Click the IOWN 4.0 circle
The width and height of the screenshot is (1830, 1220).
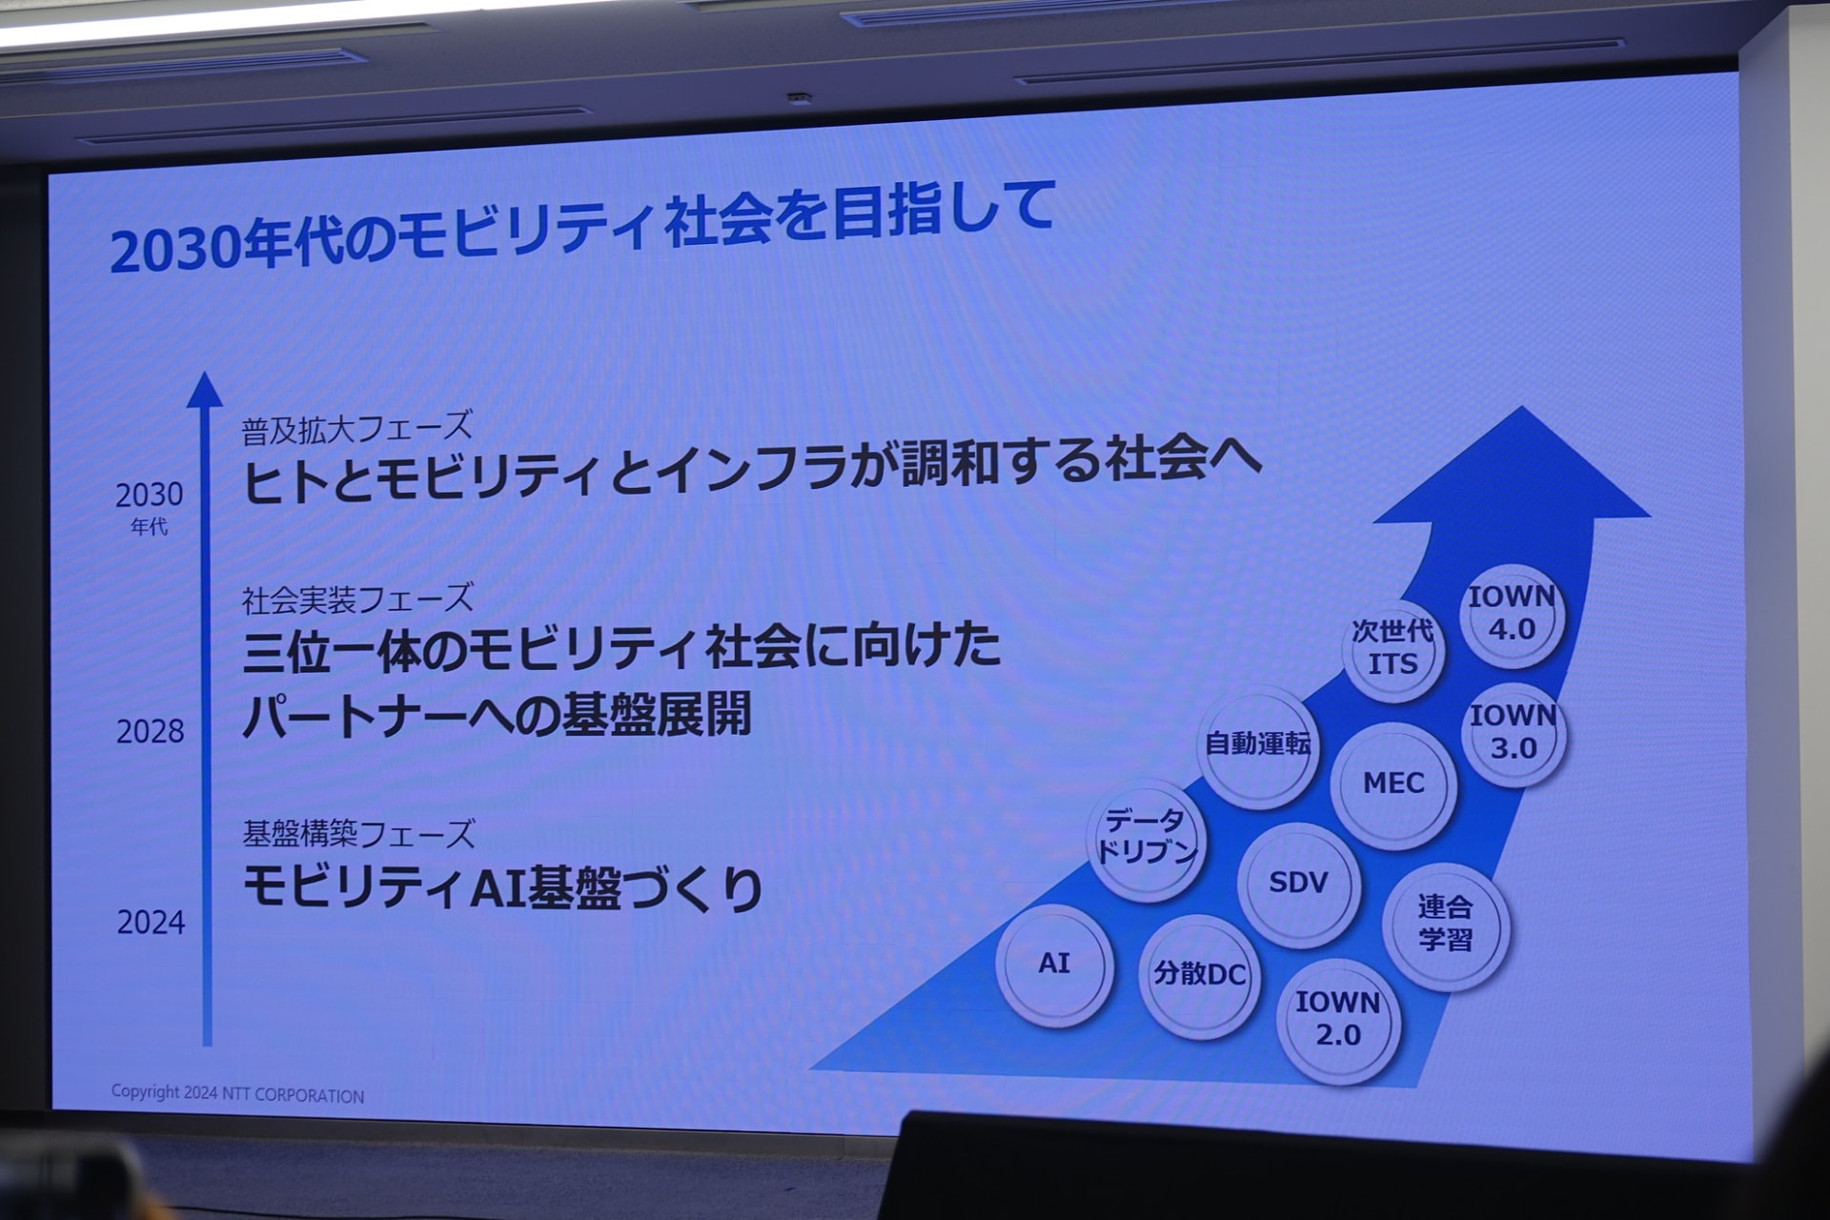point(1513,615)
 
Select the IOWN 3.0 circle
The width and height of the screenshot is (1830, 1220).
point(1514,733)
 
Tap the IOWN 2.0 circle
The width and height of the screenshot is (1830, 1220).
point(1338,1020)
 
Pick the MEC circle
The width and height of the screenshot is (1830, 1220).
point(1393,784)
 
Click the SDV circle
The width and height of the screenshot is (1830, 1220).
point(1298,884)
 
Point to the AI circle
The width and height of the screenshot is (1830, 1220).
point(1054,964)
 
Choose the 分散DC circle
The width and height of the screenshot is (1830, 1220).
point(1199,975)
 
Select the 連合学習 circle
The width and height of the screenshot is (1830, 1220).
point(1446,925)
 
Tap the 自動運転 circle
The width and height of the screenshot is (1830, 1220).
point(1258,745)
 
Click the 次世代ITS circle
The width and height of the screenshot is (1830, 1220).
point(1393,649)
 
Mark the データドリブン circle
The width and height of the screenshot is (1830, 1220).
point(1147,840)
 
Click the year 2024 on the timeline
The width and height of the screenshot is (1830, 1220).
point(151,923)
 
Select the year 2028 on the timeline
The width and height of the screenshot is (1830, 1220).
point(151,732)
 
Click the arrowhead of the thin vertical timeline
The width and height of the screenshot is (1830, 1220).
point(204,390)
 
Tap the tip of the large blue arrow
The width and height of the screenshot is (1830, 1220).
point(1520,407)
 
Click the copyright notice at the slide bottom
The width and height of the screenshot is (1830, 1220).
point(237,1094)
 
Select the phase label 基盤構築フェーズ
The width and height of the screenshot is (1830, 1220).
point(358,834)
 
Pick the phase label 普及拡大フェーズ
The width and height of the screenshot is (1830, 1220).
point(357,428)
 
